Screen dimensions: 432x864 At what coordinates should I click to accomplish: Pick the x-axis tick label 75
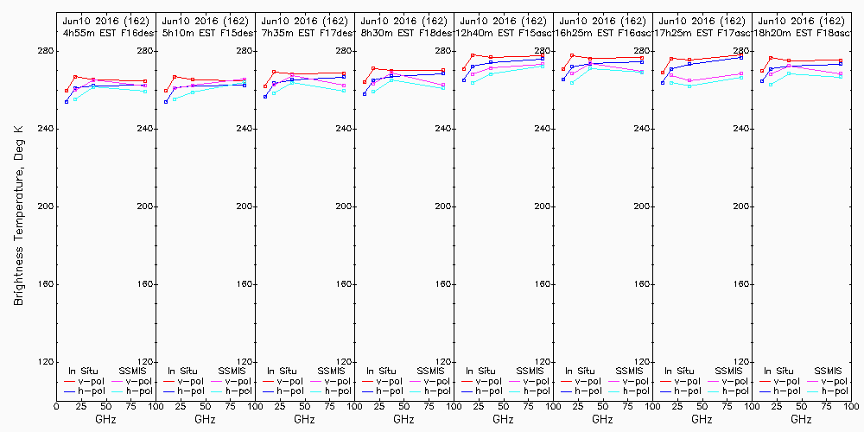130,405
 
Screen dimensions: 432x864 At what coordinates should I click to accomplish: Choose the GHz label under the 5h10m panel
205,419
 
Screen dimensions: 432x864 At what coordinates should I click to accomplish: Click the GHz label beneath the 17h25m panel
702,419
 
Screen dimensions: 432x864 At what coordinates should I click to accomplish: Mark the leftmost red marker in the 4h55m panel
67,91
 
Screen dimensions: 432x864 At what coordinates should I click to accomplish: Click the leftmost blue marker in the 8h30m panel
365,93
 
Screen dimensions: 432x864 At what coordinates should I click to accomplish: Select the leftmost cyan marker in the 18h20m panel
771,84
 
